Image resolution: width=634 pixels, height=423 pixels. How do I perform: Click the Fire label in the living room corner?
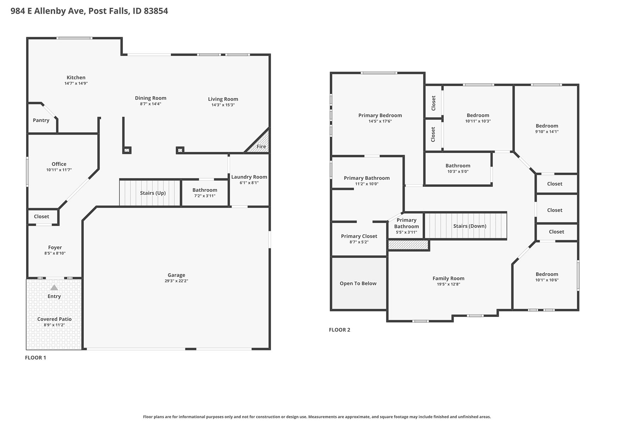pyautogui.click(x=261, y=147)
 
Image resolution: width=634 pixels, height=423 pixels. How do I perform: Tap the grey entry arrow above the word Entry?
pyautogui.click(x=54, y=288)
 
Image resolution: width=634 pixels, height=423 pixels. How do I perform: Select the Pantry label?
pyautogui.click(x=41, y=120)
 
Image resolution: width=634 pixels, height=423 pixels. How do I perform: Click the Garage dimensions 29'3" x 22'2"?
pyautogui.click(x=176, y=281)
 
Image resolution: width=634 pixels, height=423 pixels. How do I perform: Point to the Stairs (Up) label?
pyautogui.click(x=153, y=193)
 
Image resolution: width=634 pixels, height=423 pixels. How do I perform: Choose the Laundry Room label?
pyautogui.click(x=249, y=177)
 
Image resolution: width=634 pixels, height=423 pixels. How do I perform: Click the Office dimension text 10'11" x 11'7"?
pyautogui.click(x=59, y=170)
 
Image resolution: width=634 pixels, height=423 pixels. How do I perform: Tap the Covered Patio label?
pyautogui.click(x=54, y=319)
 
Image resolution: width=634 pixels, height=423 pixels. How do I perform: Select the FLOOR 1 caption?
pyautogui.click(x=36, y=357)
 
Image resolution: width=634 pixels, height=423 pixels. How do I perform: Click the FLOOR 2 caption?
pyautogui.click(x=340, y=330)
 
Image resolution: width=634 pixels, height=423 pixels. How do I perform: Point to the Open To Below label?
pyautogui.click(x=358, y=283)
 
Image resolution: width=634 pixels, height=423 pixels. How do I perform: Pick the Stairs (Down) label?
pyautogui.click(x=470, y=226)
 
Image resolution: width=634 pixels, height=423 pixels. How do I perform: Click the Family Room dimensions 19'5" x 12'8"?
pyautogui.click(x=448, y=284)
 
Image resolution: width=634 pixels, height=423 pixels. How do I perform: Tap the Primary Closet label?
pyautogui.click(x=359, y=236)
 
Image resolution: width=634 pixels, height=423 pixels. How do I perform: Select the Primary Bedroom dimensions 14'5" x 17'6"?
pyautogui.click(x=380, y=121)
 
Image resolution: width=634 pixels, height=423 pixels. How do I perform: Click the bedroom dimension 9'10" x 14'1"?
pyautogui.click(x=547, y=132)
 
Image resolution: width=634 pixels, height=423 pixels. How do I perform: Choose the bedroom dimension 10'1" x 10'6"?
pyautogui.click(x=547, y=280)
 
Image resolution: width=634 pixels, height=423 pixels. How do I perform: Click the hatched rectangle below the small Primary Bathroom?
pyautogui.click(x=408, y=245)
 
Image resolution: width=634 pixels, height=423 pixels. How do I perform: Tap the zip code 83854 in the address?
pyautogui.click(x=156, y=11)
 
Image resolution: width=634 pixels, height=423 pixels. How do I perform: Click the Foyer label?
pyautogui.click(x=55, y=247)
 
